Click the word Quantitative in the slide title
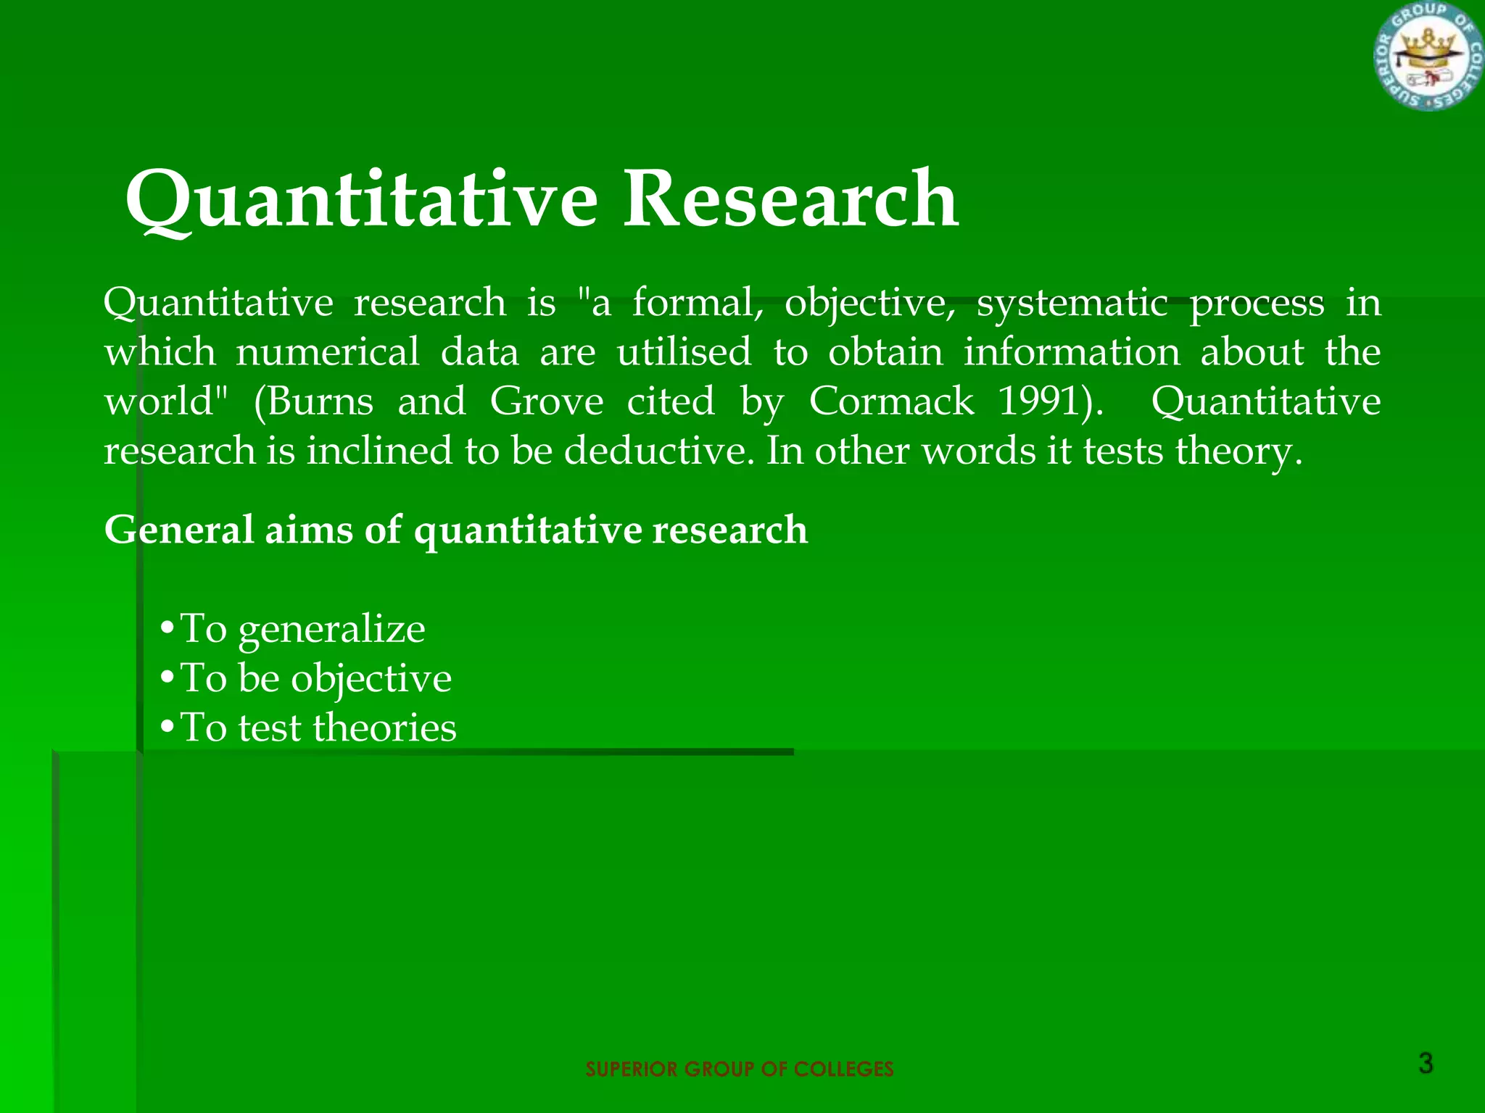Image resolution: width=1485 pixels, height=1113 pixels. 361,199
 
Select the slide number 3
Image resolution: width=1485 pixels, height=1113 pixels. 1425,1064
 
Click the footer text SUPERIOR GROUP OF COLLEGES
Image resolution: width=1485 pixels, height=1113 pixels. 739,1069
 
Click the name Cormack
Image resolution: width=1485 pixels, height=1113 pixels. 891,401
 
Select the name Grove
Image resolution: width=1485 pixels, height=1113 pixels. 546,401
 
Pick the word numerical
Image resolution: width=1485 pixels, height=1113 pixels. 328,351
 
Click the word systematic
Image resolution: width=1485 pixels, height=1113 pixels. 1072,302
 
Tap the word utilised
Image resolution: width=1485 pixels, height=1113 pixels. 684,351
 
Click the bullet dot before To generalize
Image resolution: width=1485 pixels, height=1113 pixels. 167,628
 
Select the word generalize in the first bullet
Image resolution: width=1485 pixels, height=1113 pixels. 331,629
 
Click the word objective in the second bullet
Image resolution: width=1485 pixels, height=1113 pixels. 371,679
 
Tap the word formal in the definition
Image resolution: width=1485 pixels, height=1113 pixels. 697,302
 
